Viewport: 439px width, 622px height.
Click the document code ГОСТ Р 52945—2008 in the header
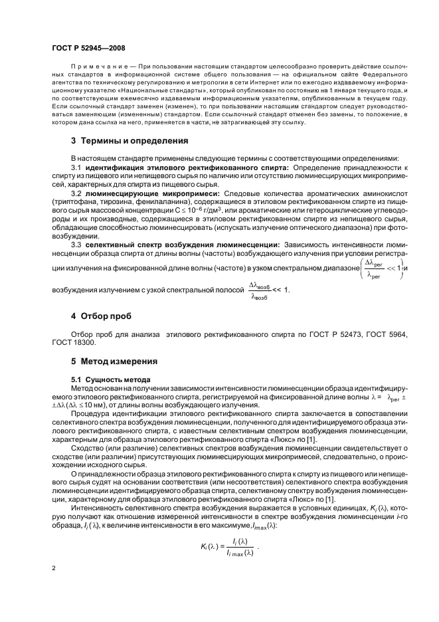pos(88,48)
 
